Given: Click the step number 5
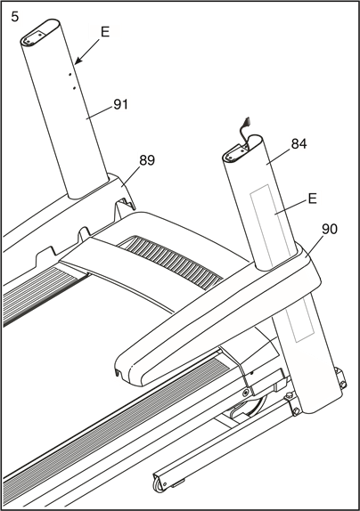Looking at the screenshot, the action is click(15, 17).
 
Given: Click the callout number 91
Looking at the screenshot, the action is click(120, 104).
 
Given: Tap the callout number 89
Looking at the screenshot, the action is click(147, 160).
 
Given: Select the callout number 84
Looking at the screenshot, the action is click(299, 143).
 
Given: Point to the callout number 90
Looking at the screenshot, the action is click(330, 229).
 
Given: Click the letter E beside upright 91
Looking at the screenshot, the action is click(105, 32).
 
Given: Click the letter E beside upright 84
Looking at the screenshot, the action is click(313, 199).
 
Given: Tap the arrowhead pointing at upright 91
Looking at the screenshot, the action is click(78, 60).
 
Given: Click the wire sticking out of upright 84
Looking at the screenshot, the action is click(244, 130).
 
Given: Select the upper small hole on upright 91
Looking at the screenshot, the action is click(70, 75).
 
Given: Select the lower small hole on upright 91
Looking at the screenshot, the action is click(74, 87).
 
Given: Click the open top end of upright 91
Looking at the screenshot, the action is click(40, 32).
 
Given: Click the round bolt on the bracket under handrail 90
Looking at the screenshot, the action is click(246, 391).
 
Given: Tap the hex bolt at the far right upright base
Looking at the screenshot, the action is click(343, 385).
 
